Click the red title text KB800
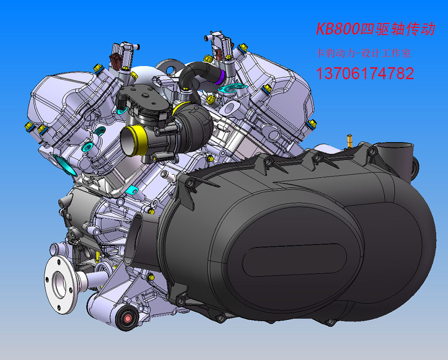(337, 29)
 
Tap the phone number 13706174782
(365, 73)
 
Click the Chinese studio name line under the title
(363, 53)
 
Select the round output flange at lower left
(61, 285)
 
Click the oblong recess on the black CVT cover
(294, 260)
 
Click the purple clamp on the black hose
(220, 77)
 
